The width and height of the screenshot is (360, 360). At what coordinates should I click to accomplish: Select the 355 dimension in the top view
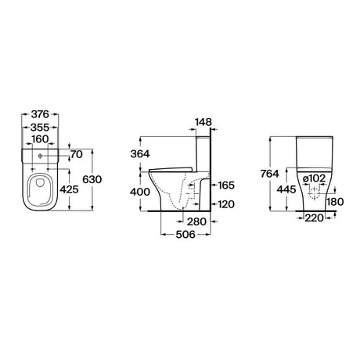coord(38,127)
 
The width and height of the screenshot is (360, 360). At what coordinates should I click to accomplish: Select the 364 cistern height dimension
coord(142,155)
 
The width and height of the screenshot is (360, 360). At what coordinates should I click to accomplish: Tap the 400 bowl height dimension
coord(142,192)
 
